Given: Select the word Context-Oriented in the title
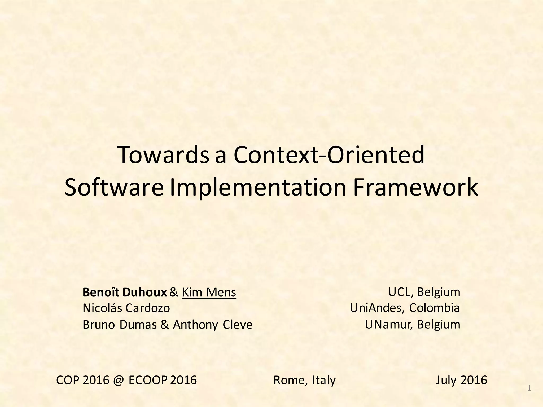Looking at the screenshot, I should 329,155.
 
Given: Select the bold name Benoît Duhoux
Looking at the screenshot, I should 125,292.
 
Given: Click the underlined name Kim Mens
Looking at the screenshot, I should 209,292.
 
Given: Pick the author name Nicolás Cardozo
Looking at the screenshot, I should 126,308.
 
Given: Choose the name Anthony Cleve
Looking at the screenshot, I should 213,325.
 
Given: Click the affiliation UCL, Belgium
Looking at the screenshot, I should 424,292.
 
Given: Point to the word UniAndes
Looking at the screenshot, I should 377,308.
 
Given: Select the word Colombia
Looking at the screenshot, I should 434,308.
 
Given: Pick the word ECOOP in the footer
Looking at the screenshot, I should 148,380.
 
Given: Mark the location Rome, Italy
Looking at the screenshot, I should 304,380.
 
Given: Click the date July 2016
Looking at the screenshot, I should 461,380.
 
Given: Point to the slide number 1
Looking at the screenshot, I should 529,389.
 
